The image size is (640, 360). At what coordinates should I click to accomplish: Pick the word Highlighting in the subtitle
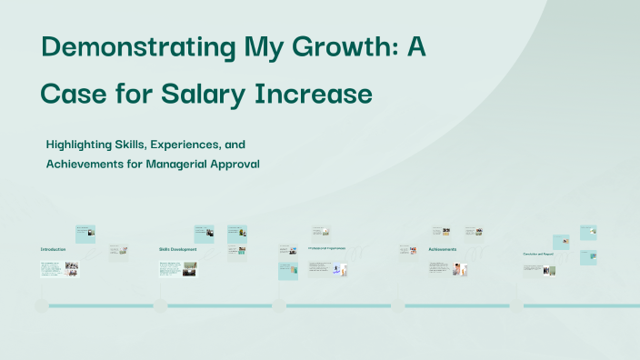81,145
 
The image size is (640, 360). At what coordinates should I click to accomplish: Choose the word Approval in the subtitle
236,164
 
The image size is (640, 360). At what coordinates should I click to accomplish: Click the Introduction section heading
53,248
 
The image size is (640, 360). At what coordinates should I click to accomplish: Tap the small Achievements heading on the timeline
443,248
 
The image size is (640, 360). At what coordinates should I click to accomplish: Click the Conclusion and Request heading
538,254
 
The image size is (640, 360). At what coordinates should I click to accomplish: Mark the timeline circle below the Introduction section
41,305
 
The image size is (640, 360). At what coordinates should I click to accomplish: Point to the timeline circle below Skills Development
160,305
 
